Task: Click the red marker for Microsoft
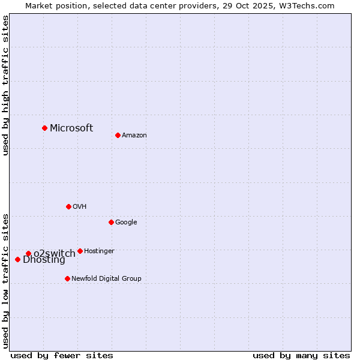click(x=44, y=128)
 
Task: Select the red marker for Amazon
click(x=118, y=135)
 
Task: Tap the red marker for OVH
click(x=68, y=206)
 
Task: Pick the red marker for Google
click(x=111, y=222)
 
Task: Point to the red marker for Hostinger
click(x=80, y=251)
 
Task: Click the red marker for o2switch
click(x=28, y=253)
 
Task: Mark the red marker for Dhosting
click(x=17, y=259)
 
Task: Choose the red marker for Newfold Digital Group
click(x=67, y=278)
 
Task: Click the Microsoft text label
click(x=71, y=128)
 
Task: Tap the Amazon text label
click(x=134, y=136)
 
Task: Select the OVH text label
click(x=80, y=207)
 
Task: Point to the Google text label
click(x=126, y=223)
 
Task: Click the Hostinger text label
click(x=99, y=251)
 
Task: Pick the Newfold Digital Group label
click(x=106, y=279)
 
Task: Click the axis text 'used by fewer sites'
click(x=62, y=355)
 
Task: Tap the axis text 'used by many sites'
click(x=301, y=355)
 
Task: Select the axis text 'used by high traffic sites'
click(x=5, y=85)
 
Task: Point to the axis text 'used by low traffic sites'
click(x=5, y=280)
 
